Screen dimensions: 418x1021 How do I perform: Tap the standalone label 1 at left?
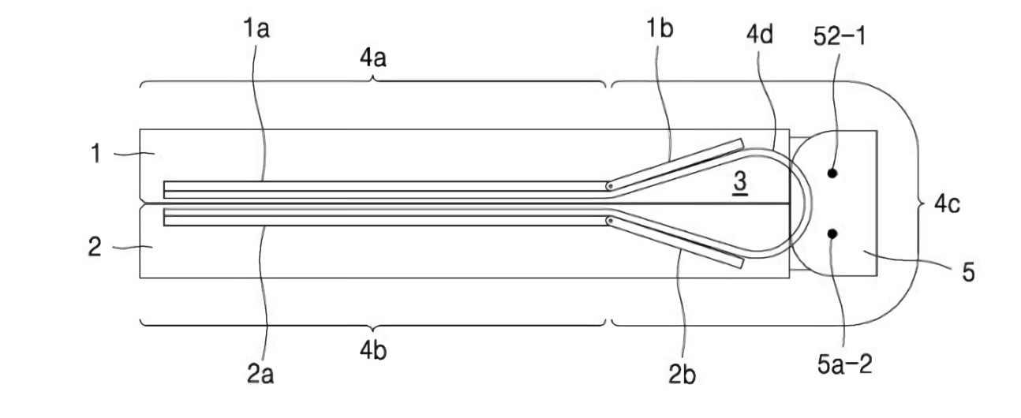pyautogui.click(x=96, y=155)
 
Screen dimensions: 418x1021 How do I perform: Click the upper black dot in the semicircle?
pyautogui.click(x=833, y=172)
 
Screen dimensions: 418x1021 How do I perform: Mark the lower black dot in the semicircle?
pyautogui.click(x=833, y=233)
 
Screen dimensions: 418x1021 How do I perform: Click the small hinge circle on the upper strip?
pyautogui.click(x=610, y=187)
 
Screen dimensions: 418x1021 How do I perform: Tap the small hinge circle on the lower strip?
pyautogui.click(x=610, y=222)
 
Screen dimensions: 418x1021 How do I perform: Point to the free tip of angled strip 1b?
pyautogui.click(x=742, y=143)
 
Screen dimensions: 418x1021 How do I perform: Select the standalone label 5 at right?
pyautogui.click(x=967, y=273)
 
